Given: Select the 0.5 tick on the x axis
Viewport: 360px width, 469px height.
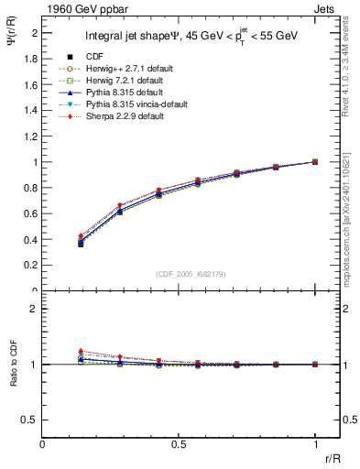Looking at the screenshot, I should click(179, 444).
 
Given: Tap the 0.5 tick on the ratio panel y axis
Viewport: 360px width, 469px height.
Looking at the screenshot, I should click(31, 420).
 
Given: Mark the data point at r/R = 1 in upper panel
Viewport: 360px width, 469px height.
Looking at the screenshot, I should click(315, 161).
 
